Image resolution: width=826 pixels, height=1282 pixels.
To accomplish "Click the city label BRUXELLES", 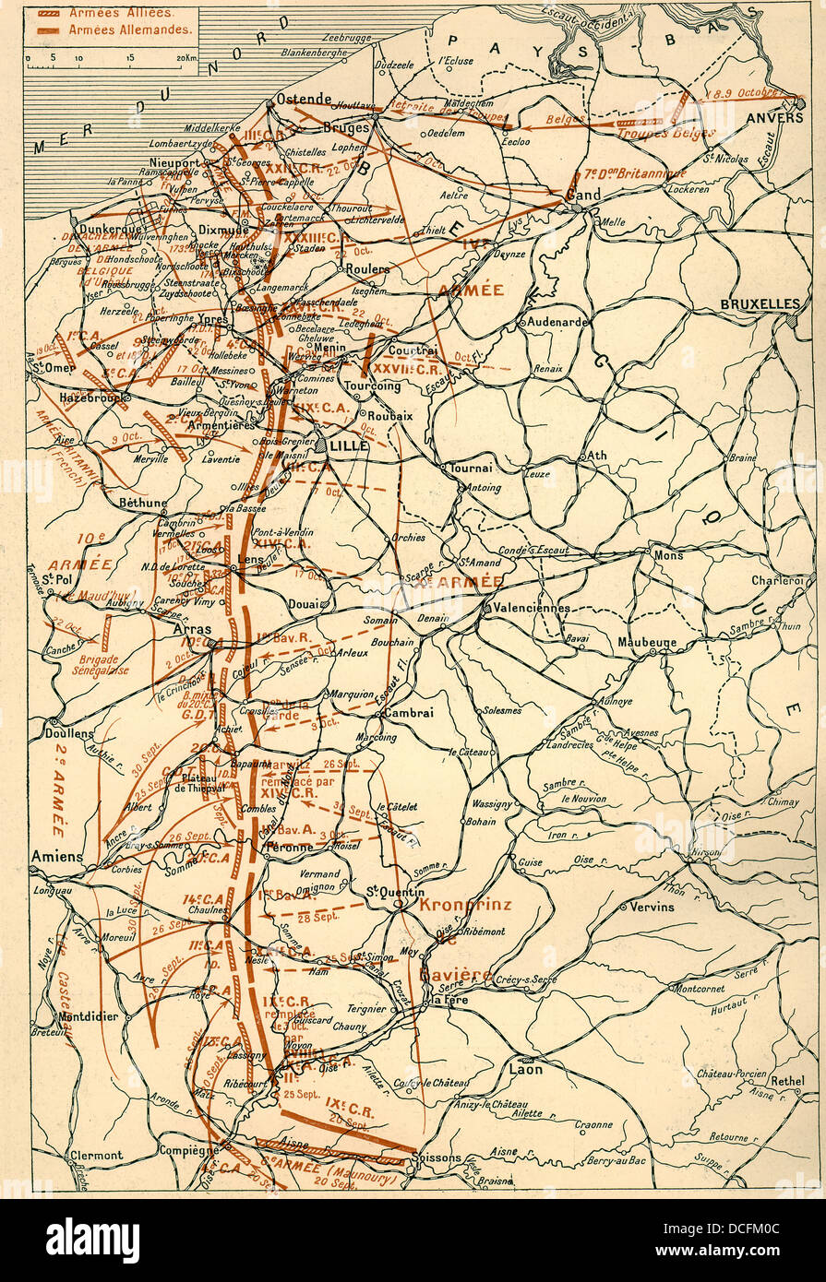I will [x=760, y=303].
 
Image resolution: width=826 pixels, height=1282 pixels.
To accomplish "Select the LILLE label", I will [x=349, y=445].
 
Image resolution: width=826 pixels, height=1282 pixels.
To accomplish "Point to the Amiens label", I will [x=56, y=857].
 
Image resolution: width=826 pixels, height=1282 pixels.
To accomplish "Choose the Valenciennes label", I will [x=531, y=609].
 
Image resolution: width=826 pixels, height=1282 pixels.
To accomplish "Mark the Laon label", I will [x=526, y=1069].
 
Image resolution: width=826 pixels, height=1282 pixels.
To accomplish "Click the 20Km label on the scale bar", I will [x=186, y=57].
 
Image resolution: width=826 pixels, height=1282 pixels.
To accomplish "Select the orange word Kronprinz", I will [x=464, y=905].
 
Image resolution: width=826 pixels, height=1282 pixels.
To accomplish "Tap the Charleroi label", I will [x=776, y=581].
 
